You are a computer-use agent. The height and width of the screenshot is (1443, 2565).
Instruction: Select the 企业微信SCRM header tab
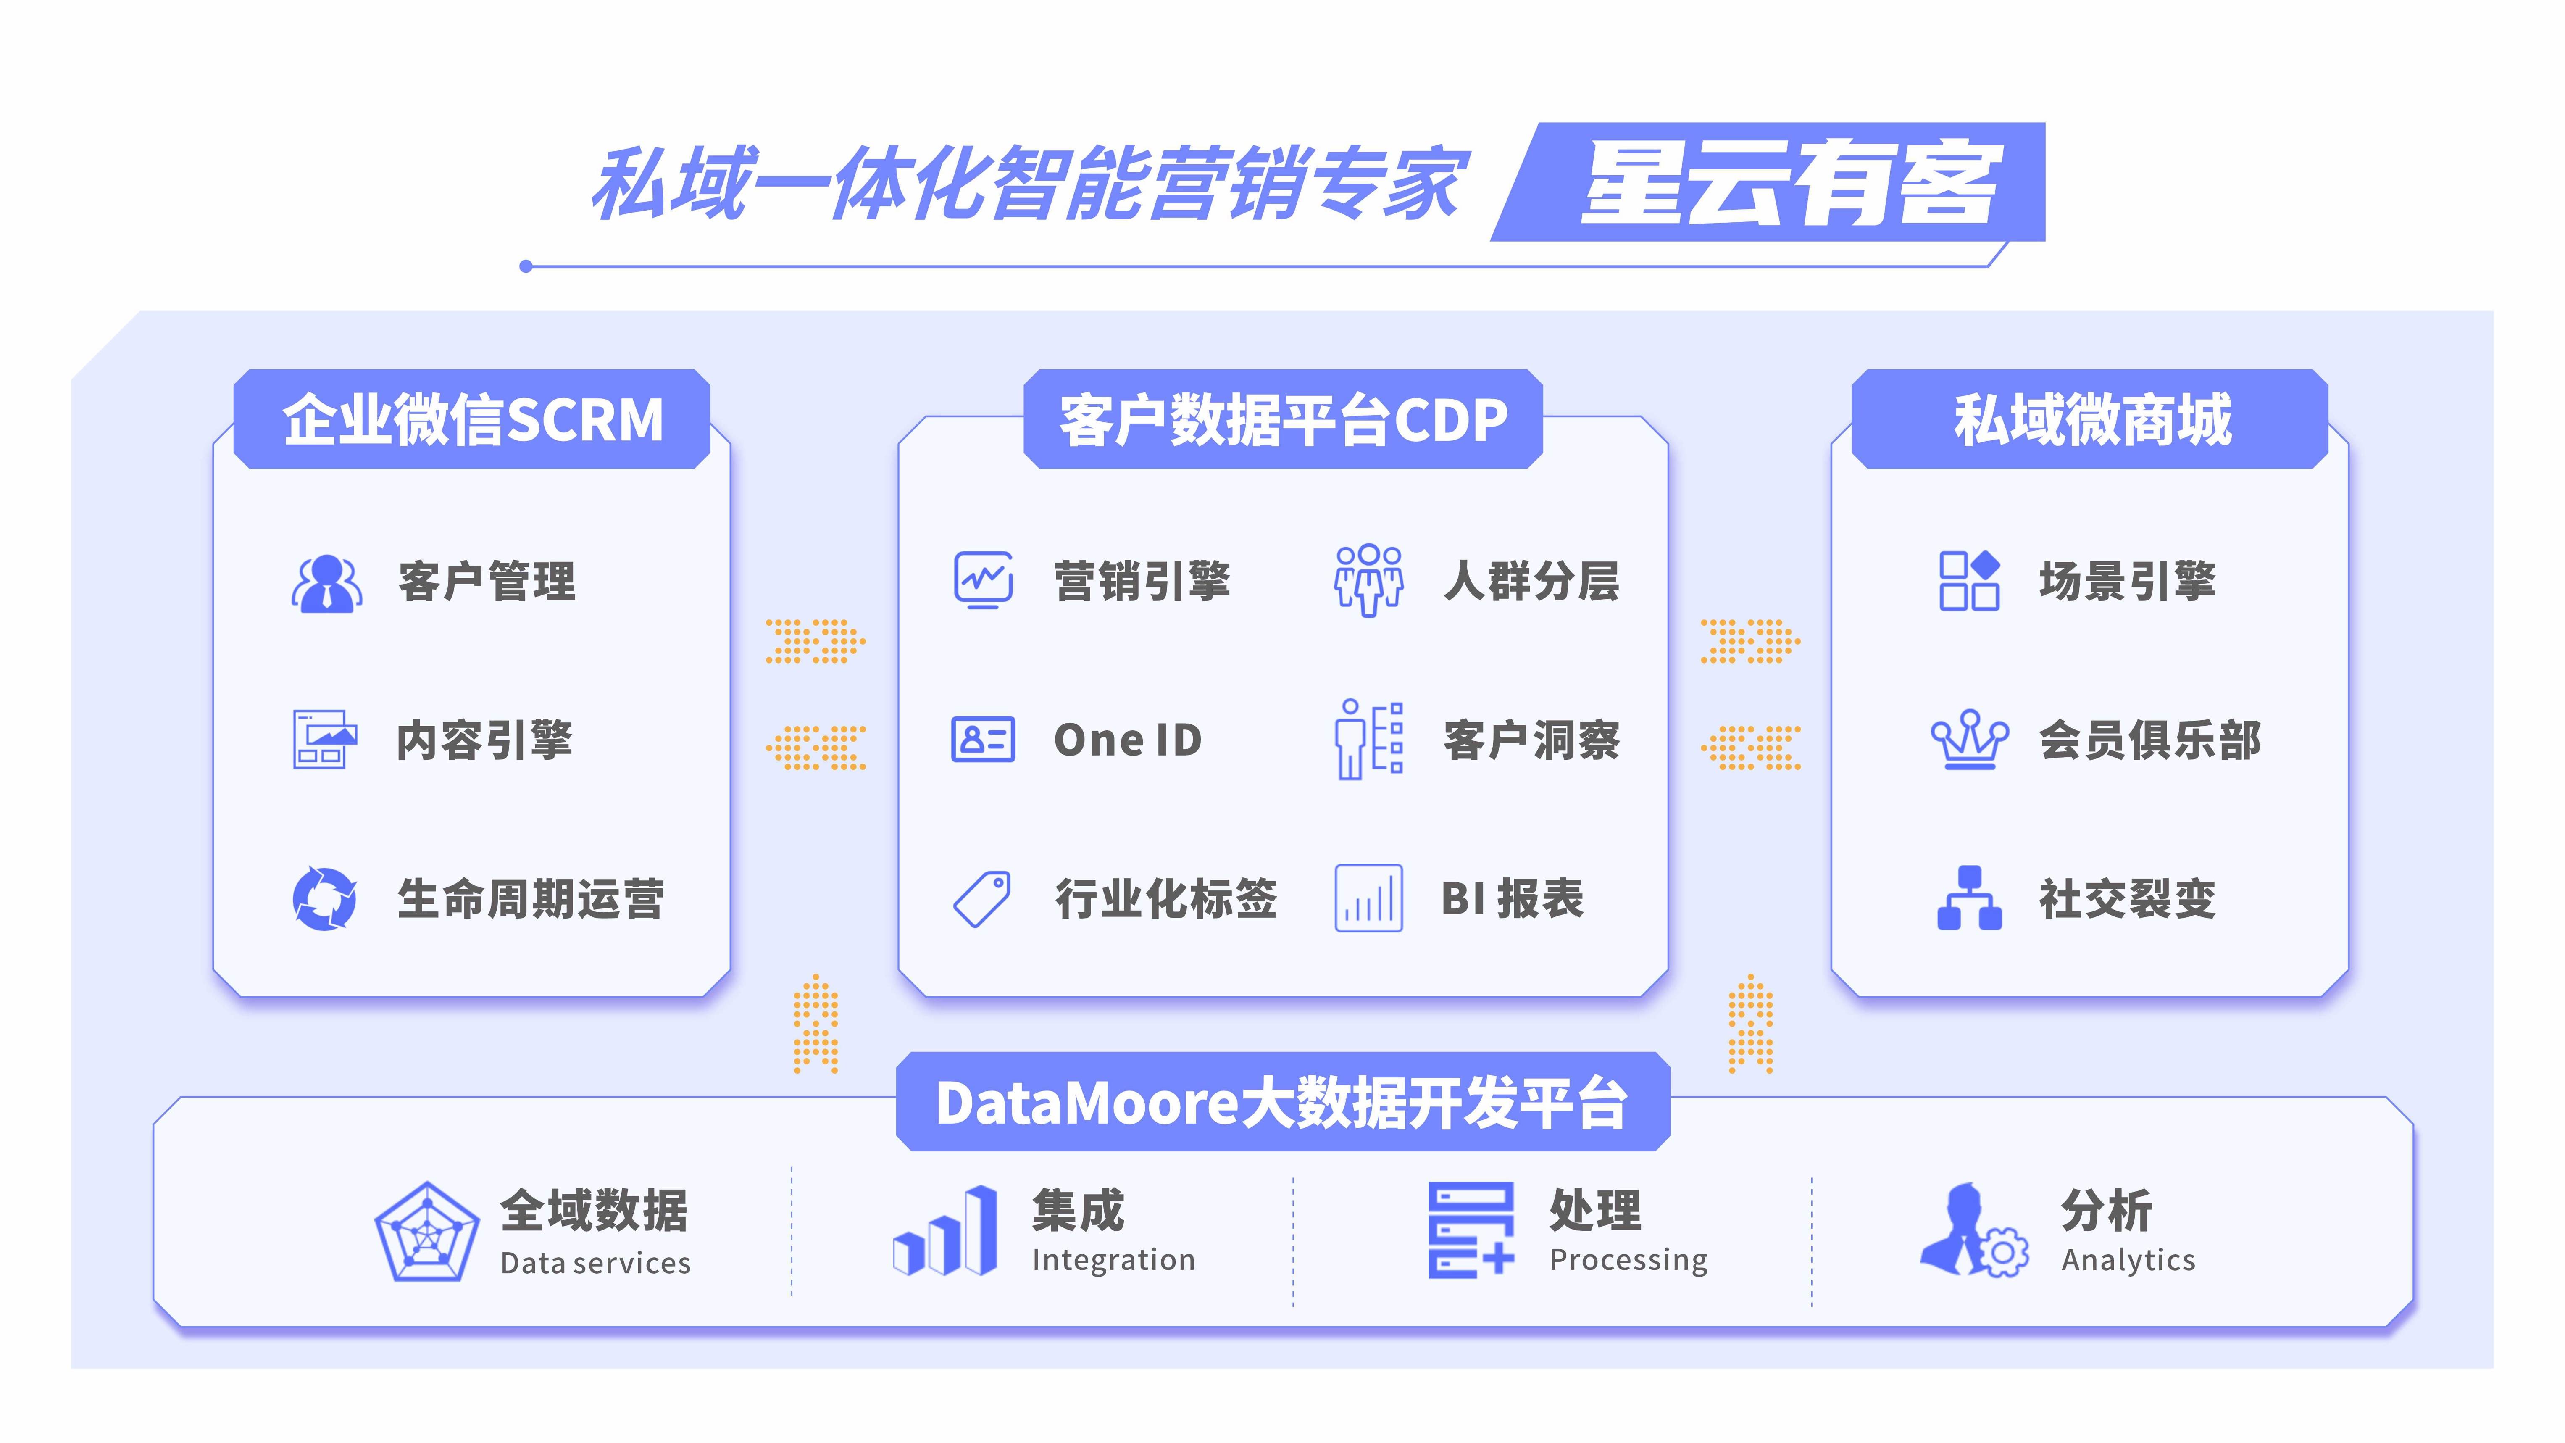[472, 419]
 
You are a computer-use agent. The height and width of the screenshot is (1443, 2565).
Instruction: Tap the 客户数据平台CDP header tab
[1282, 419]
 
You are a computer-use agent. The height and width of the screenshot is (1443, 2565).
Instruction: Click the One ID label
[1127, 740]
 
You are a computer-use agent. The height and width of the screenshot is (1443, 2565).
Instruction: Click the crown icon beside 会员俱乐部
[1968, 740]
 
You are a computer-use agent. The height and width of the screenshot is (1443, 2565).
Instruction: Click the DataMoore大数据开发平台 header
[1282, 1102]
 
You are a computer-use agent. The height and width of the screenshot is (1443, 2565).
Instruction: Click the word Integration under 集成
[1113, 1260]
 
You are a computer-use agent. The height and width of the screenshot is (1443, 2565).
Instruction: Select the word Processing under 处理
[1628, 1260]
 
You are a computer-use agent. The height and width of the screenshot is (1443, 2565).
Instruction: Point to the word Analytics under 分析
[2128, 1260]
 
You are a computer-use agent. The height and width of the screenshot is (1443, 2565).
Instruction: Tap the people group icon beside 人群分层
[1368, 581]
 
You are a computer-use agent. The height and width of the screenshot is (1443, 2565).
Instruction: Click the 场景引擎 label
[2127, 581]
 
